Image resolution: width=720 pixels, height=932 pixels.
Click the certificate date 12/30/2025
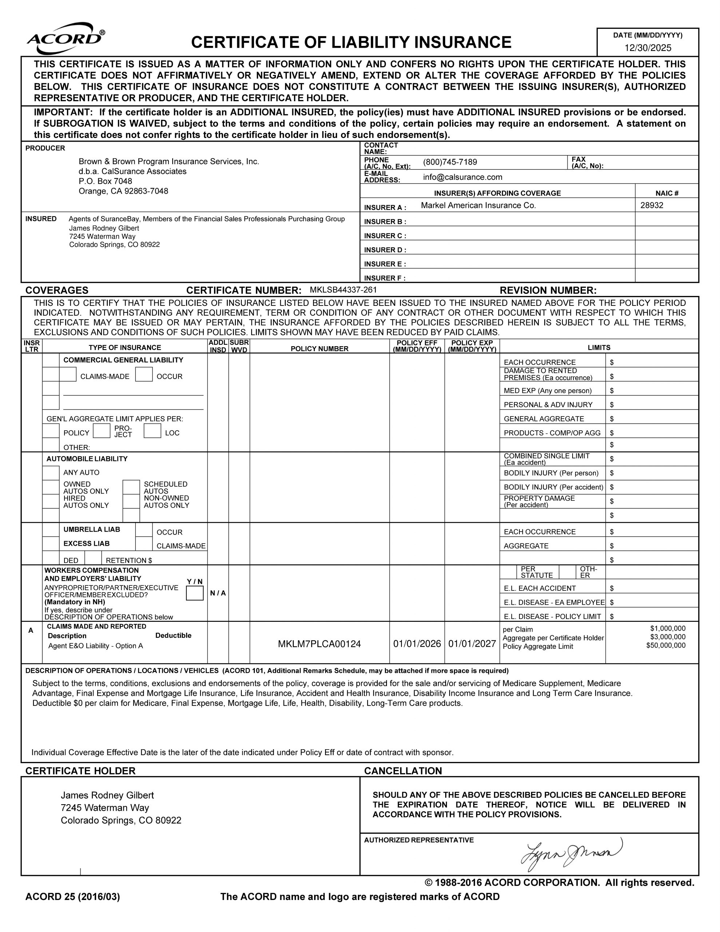[x=648, y=48]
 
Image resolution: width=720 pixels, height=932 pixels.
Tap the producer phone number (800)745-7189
[x=450, y=162]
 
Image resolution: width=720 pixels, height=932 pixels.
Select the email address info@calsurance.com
[x=462, y=177]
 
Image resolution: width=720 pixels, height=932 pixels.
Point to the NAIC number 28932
[x=651, y=205]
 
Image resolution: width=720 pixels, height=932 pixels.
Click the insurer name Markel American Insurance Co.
[x=478, y=205]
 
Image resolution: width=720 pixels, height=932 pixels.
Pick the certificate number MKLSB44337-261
[x=343, y=290]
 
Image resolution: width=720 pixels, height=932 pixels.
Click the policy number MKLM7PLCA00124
[x=319, y=644]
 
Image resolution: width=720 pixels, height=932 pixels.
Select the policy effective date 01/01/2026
[x=416, y=644]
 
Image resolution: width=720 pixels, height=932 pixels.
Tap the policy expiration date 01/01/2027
[x=472, y=644]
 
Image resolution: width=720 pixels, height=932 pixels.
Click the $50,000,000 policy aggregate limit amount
[x=665, y=645]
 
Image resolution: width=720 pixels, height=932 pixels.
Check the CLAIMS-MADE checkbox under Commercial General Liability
[x=68, y=374]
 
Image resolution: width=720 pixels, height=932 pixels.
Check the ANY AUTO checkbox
[x=51, y=473]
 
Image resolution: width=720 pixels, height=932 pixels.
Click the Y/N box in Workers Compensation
[x=195, y=593]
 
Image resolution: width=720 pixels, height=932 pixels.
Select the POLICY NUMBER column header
[x=319, y=349]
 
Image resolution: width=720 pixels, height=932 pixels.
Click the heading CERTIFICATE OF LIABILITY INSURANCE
[x=351, y=42]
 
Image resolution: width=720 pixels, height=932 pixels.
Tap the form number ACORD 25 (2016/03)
[x=72, y=897]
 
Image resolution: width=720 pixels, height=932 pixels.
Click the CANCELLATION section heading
[x=403, y=771]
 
